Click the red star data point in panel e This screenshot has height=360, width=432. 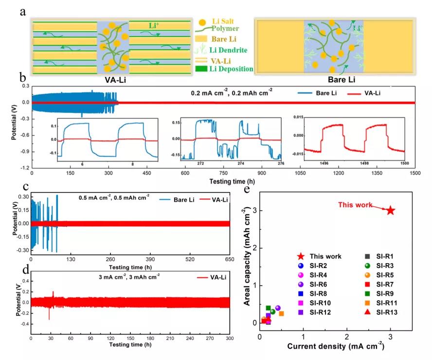point(390,210)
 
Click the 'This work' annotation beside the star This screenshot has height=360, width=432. point(355,205)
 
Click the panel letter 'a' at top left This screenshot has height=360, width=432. point(22,12)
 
